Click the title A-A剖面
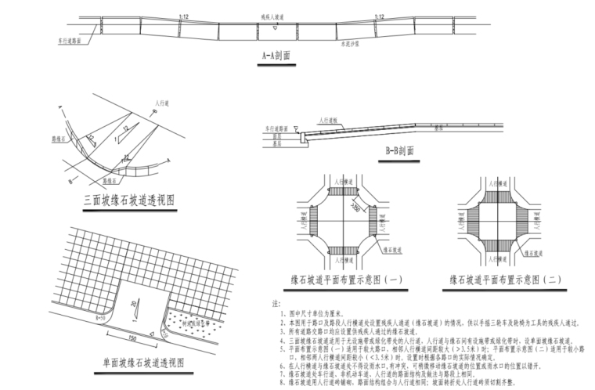click(276, 56)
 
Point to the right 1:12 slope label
click(379, 16)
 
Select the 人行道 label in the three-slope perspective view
click(163, 103)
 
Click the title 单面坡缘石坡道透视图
click(142, 363)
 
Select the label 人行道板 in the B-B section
click(329, 120)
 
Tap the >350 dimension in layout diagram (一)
click(334, 210)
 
